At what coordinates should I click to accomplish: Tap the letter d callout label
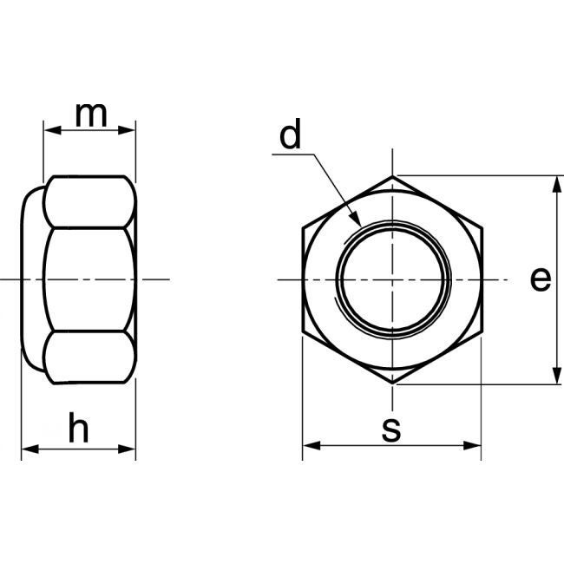point(290,136)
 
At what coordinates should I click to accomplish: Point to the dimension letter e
point(540,279)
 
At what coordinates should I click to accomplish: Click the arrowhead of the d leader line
point(356,223)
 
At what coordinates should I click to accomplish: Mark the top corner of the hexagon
point(392,176)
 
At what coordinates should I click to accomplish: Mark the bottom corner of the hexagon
point(392,383)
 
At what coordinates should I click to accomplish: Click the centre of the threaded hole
point(392,279)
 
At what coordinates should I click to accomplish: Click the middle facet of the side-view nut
point(89,279)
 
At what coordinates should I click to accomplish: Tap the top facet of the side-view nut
point(89,201)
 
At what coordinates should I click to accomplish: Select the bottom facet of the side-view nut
point(89,357)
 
